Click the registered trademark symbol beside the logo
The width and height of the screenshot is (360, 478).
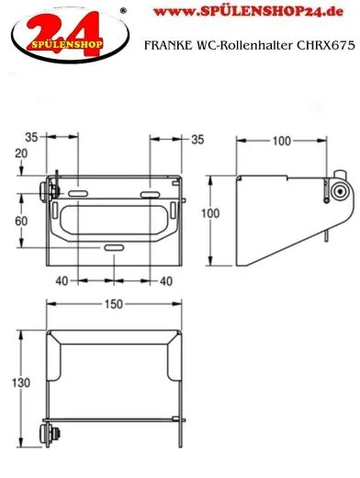coord(125,11)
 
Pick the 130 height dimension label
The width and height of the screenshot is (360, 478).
coord(18,381)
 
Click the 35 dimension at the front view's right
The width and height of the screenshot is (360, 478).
coord(197,140)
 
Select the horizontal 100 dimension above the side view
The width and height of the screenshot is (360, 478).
coord(281,141)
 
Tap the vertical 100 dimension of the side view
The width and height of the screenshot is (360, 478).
coord(211,212)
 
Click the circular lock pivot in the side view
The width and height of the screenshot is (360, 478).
coord(341,192)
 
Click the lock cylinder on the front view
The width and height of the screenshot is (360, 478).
coord(48,192)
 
